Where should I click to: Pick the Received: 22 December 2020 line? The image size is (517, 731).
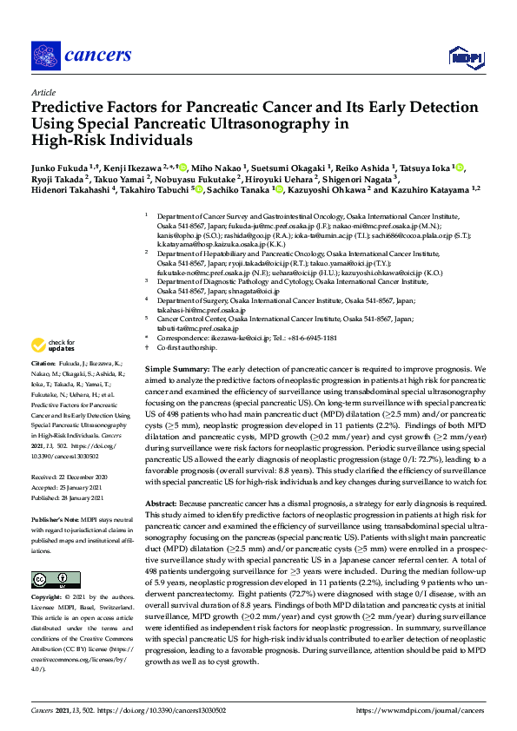point(70,477)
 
